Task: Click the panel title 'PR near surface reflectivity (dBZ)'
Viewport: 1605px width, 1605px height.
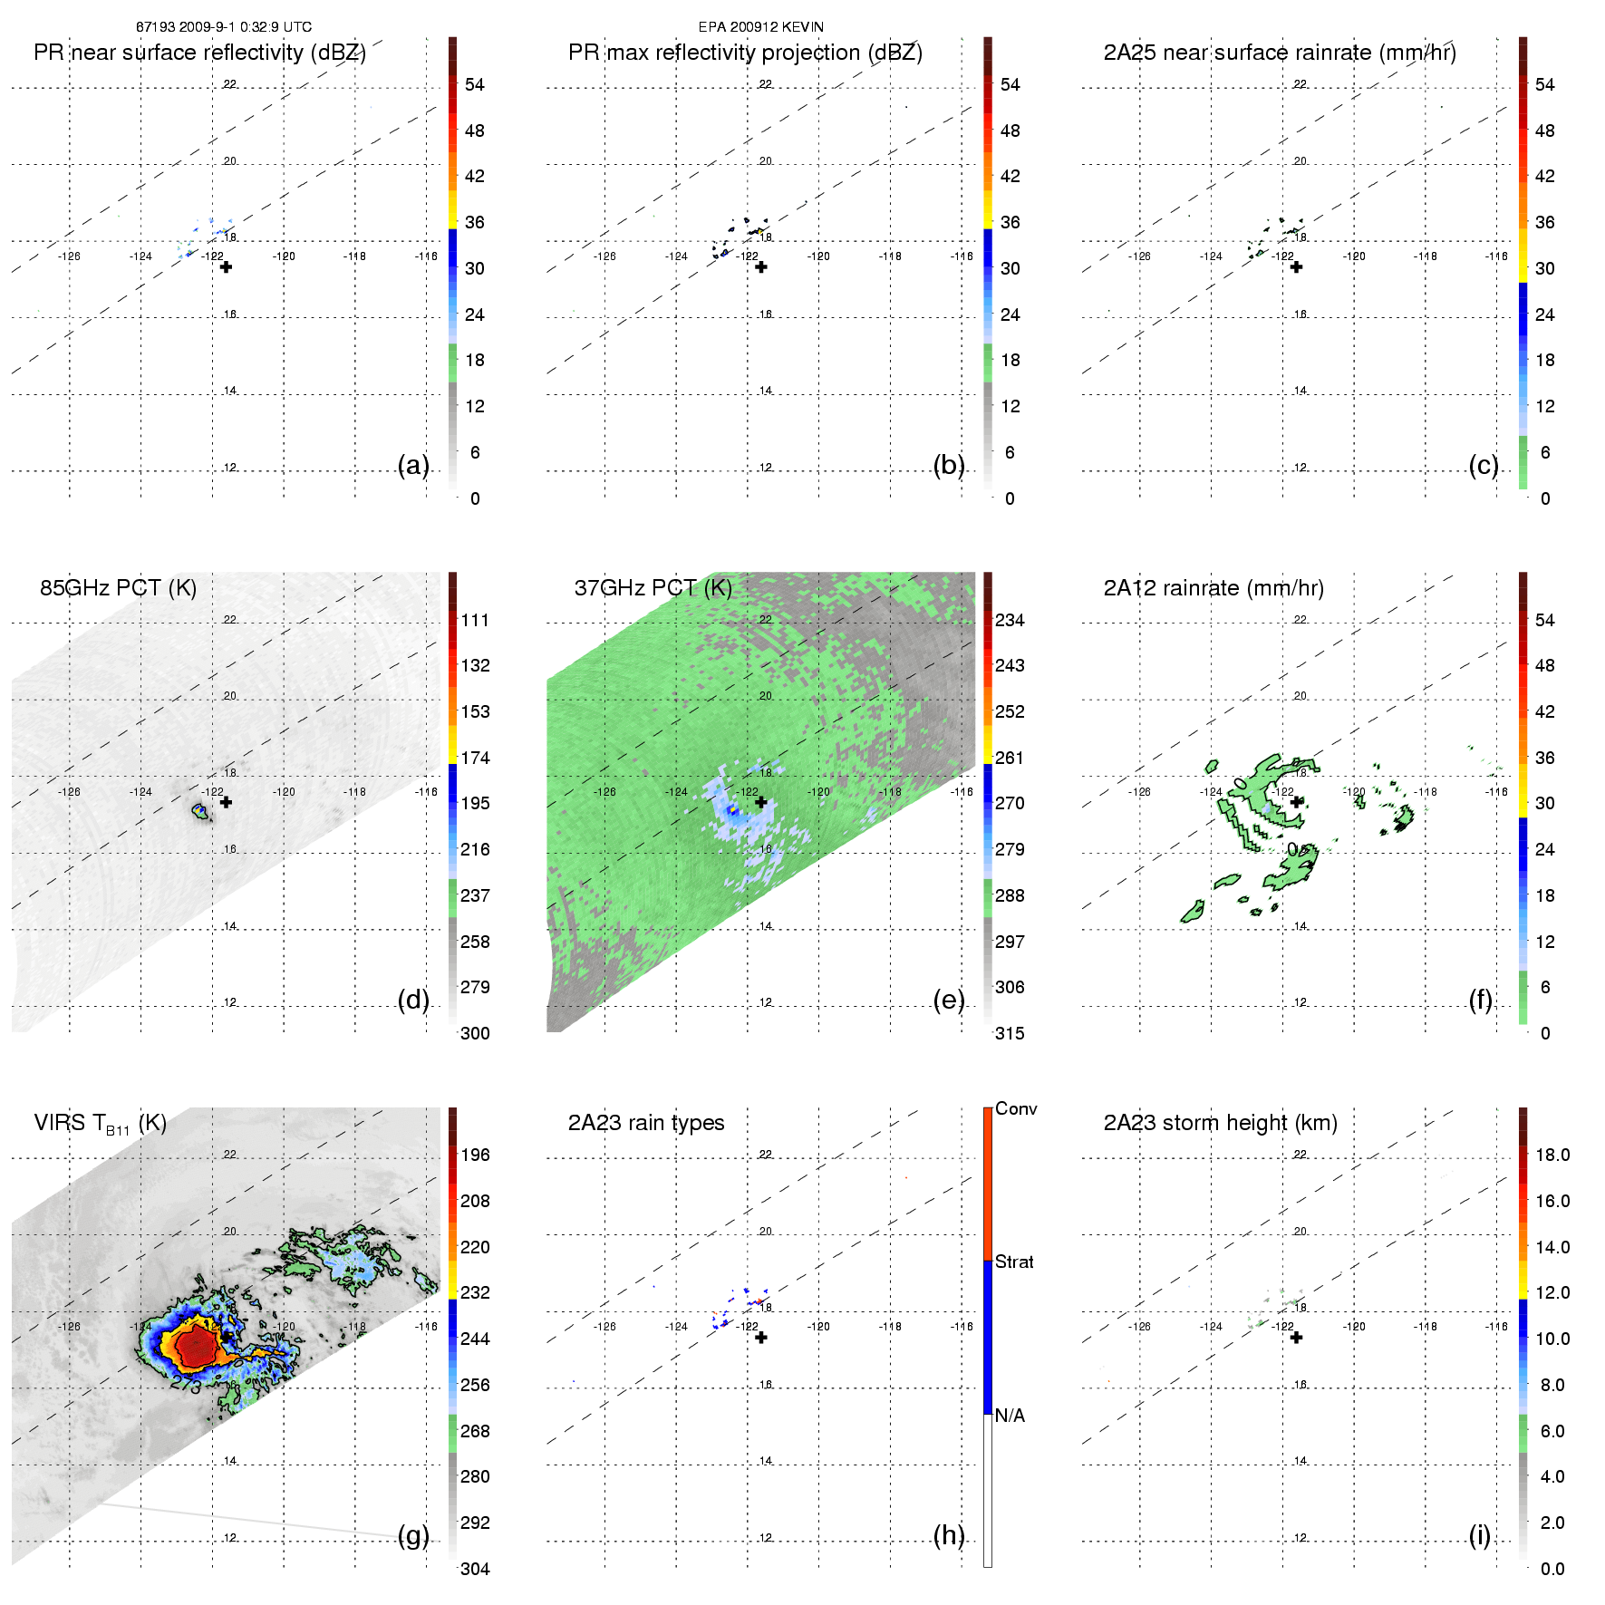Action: pos(199,53)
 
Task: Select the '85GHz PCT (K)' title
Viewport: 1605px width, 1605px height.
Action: pos(118,588)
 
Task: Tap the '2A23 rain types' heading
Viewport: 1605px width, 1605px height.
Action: pos(645,1123)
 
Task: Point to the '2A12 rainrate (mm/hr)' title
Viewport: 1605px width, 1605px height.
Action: pos(1213,588)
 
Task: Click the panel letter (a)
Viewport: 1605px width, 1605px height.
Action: pos(412,465)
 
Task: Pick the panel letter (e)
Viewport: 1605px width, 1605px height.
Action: pos(948,1000)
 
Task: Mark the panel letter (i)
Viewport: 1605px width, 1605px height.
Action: pos(1479,1535)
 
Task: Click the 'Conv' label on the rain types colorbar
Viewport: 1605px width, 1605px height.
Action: pos(1015,1108)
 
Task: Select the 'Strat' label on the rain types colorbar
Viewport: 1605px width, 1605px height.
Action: pos(1013,1262)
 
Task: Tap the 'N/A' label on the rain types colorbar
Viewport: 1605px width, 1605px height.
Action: pos(1010,1416)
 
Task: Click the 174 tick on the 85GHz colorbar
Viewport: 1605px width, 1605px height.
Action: pos(475,758)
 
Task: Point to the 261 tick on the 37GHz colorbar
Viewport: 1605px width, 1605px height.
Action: pos(1010,758)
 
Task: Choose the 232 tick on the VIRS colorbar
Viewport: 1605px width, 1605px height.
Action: pos(475,1292)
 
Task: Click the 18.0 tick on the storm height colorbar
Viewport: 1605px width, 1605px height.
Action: pos(1552,1155)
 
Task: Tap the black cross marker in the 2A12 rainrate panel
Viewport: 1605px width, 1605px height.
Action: pos(1296,802)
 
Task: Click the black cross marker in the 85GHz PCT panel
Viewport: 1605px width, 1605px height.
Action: pos(226,802)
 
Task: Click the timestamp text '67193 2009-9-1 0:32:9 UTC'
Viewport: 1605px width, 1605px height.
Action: pos(223,27)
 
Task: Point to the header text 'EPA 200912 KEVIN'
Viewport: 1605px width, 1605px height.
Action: pos(760,27)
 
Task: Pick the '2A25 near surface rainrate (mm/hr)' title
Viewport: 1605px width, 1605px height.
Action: pos(1279,53)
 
